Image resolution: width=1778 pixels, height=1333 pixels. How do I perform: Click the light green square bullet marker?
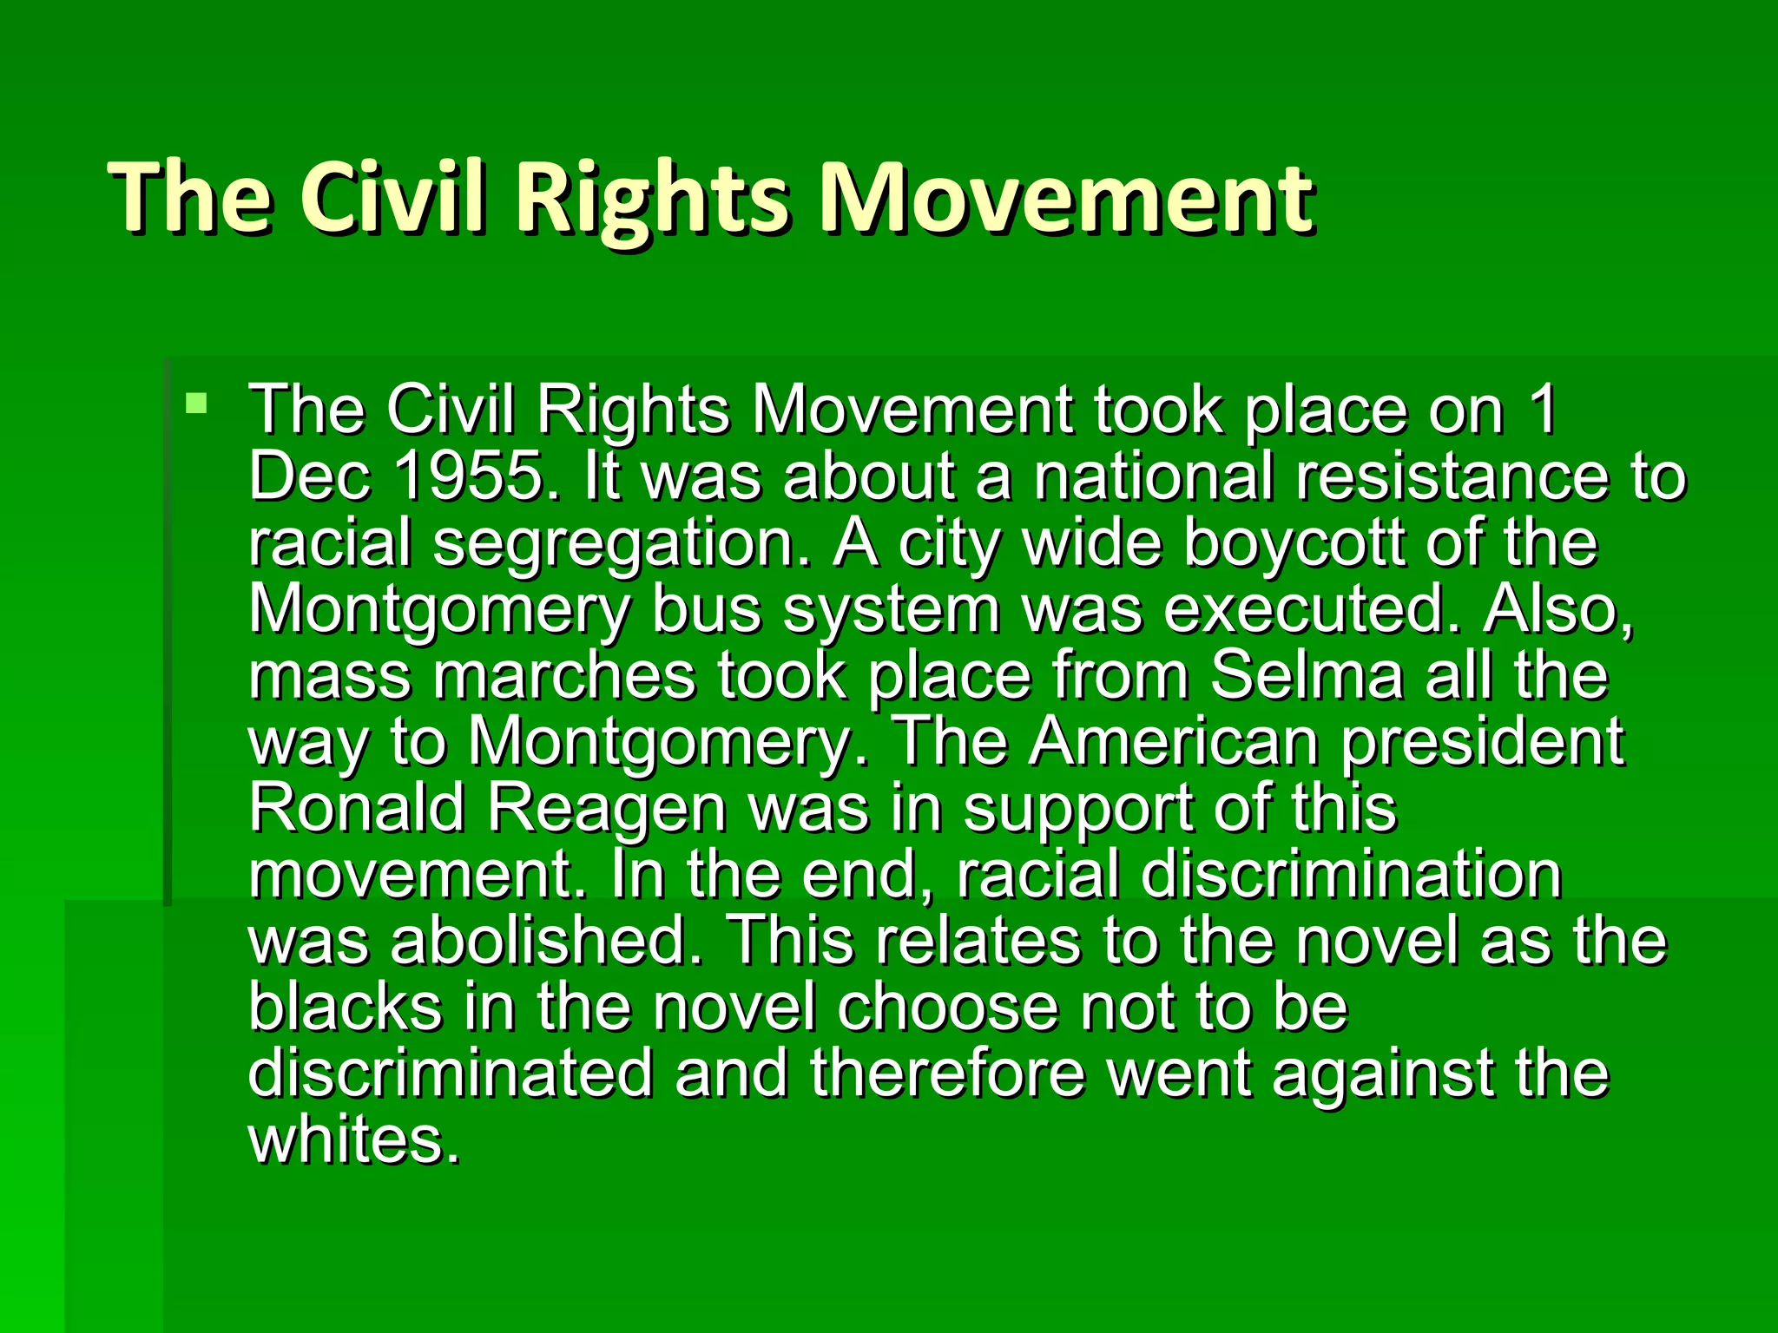[197, 404]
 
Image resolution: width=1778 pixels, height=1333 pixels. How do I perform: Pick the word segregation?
[615, 545]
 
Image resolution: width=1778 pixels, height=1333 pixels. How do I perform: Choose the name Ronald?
[357, 808]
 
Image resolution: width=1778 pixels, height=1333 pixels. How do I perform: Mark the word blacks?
[345, 1007]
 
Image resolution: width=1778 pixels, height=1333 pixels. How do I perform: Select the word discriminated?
[450, 1073]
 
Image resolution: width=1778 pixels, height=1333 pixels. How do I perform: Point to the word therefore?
[948, 1073]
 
